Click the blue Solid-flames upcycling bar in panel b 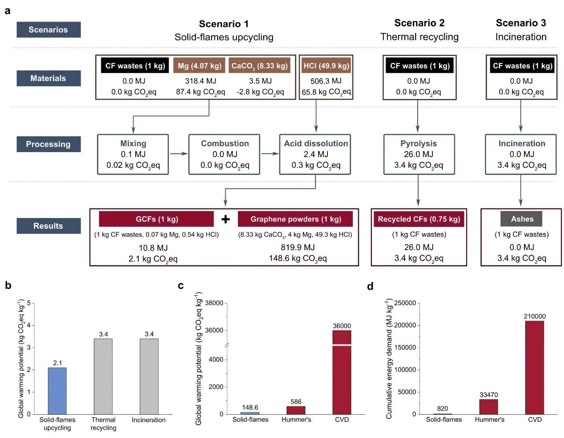pyautogui.click(x=57, y=391)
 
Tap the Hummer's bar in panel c pyautogui.click(x=296, y=410)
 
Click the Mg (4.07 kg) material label pyautogui.click(x=200, y=66)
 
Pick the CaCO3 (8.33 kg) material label pyautogui.click(x=260, y=66)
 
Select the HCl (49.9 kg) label pyautogui.click(x=326, y=66)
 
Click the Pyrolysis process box pyautogui.click(x=419, y=154)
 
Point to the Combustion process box pyautogui.click(x=225, y=154)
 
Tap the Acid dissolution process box pyautogui.click(x=315, y=154)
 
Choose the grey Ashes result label pyautogui.click(x=522, y=219)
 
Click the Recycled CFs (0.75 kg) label pyautogui.click(x=419, y=219)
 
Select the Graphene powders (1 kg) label pyautogui.click(x=296, y=219)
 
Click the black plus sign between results pyautogui.click(x=226, y=219)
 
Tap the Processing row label pyautogui.click(x=48, y=144)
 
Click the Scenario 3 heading pyautogui.click(x=521, y=23)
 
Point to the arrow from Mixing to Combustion pyautogui.click(x=178, y=154)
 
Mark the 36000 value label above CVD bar pyautogui.click(x=342, y=326)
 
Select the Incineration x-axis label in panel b pyautogui.click(x=149, y=420)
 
